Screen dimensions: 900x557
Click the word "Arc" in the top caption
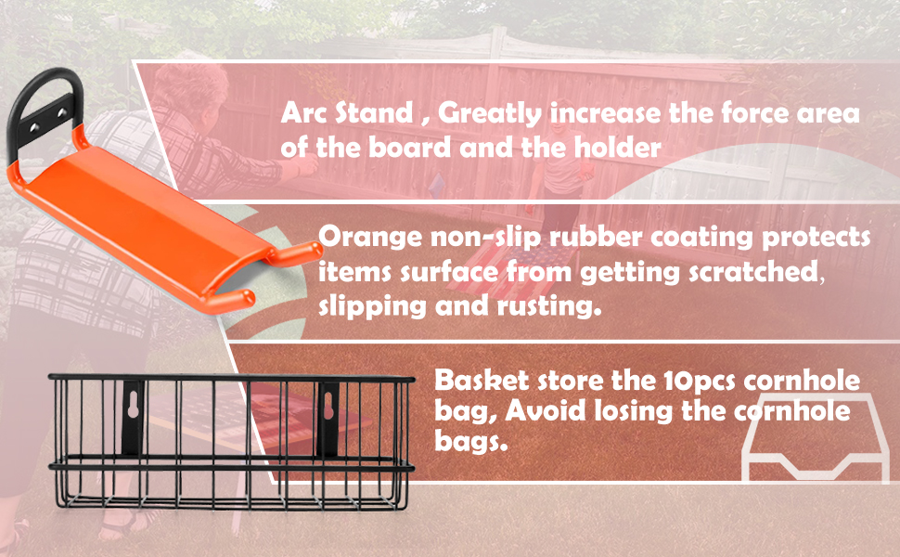coord(302,112)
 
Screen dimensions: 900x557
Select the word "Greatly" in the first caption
coord(489,114)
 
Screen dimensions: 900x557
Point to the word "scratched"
coord(752,271)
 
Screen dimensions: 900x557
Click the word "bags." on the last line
coord(470,442)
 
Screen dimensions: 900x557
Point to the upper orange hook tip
coord(313,250)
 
